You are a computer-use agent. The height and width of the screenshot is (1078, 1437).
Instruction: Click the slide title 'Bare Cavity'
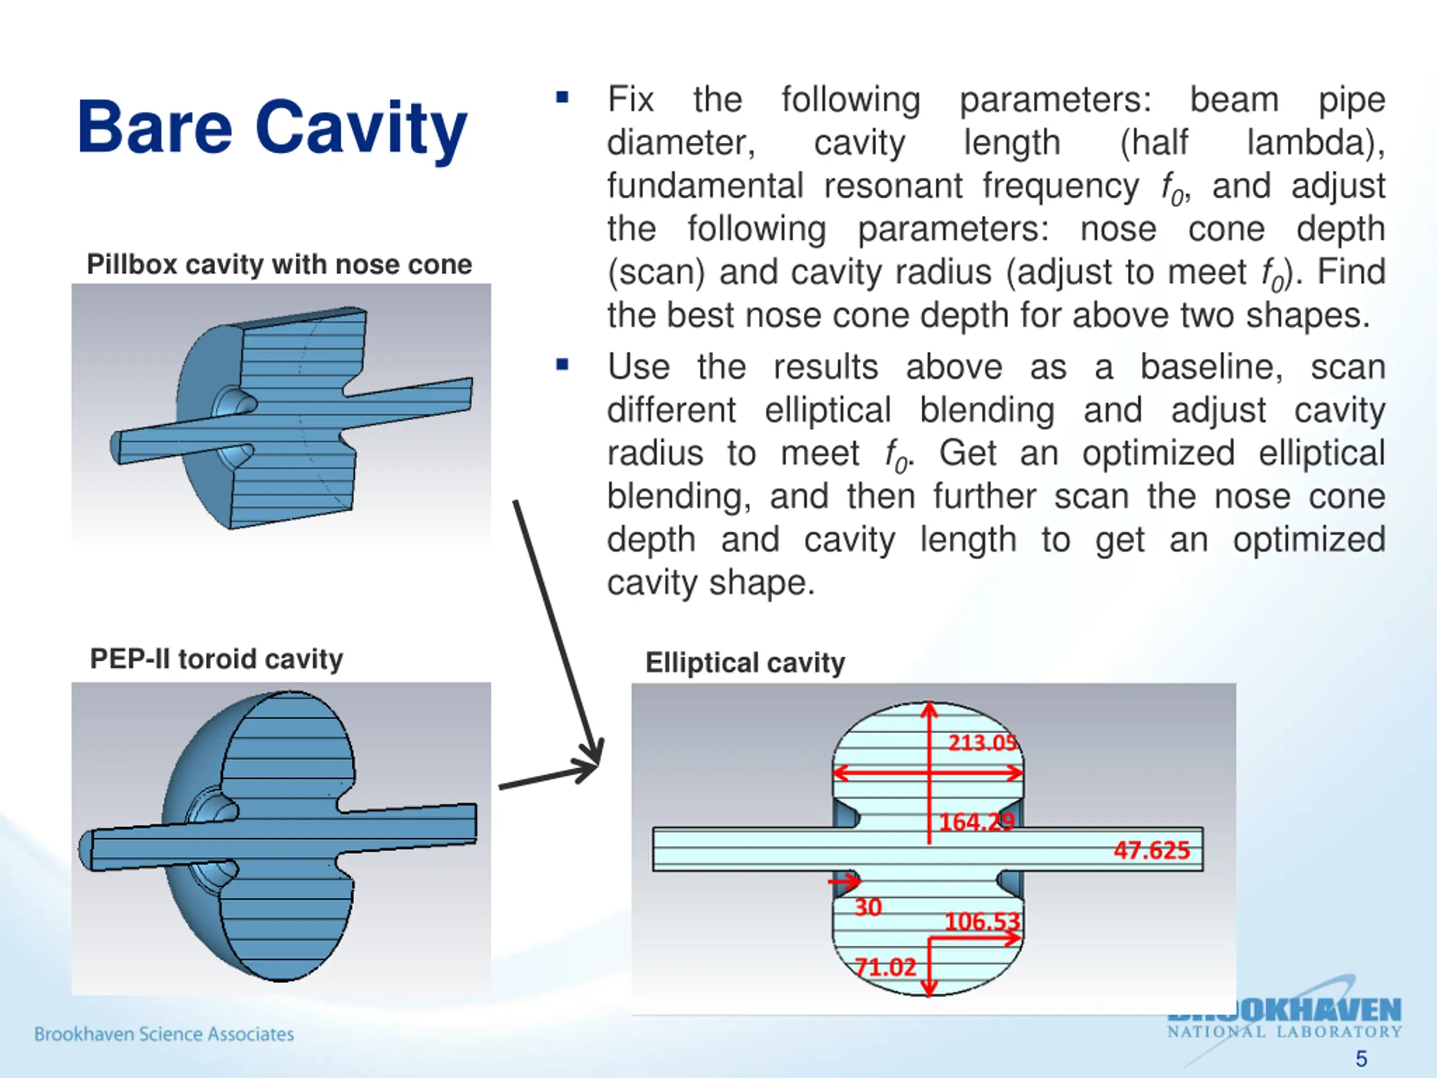(x=272, y=128)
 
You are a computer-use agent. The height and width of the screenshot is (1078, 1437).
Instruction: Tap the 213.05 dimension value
(x=982, y=743)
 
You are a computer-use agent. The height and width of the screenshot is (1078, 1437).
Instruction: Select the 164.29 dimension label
(x=976, y=822)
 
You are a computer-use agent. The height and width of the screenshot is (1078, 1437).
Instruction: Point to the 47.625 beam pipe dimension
(x=1151, y=850)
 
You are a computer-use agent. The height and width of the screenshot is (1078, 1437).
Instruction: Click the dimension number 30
(x=868, y=907)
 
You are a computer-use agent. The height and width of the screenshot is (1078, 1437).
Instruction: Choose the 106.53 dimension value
(x=982, y=921)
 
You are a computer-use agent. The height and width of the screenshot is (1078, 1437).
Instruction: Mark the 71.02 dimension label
(x=885, y=967)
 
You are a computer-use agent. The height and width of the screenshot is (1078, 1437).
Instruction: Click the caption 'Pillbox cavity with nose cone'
(x=280, y=264)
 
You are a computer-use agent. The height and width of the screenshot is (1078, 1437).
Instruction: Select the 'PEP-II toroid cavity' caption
(x=216, y=659)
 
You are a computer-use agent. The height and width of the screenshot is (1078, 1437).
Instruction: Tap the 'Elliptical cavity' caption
(x=745, y=663)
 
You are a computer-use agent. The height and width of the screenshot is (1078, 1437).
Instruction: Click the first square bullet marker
(x=562, y=99)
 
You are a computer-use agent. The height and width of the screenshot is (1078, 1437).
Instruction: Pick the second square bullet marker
(x=562, y=365)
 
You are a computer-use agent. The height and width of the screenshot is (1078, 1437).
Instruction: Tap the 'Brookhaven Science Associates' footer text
(x=164, y=1034)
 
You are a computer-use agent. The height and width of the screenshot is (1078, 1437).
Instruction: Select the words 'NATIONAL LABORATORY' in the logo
(x=1284, y=1032)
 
